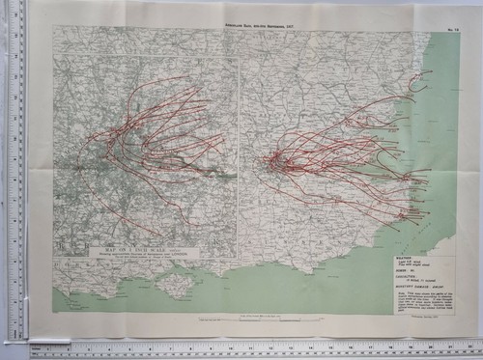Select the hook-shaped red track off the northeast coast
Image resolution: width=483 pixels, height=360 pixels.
tap(417, 83)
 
